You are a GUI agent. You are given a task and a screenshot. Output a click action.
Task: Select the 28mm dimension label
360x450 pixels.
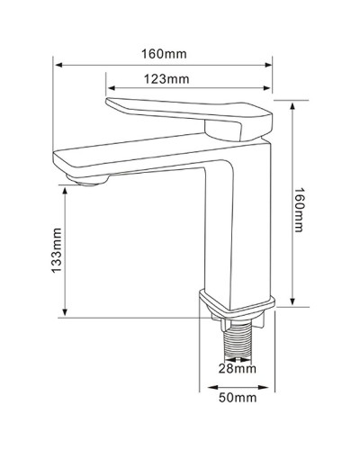(x=238, y=368)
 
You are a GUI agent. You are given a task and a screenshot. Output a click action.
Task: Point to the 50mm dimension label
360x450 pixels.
(x=238, y=397)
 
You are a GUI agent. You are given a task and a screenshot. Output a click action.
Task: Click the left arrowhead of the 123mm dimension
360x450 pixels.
(x=110, y=88)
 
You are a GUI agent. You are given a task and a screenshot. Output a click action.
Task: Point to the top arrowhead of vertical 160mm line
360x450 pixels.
(x=292, y=102)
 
